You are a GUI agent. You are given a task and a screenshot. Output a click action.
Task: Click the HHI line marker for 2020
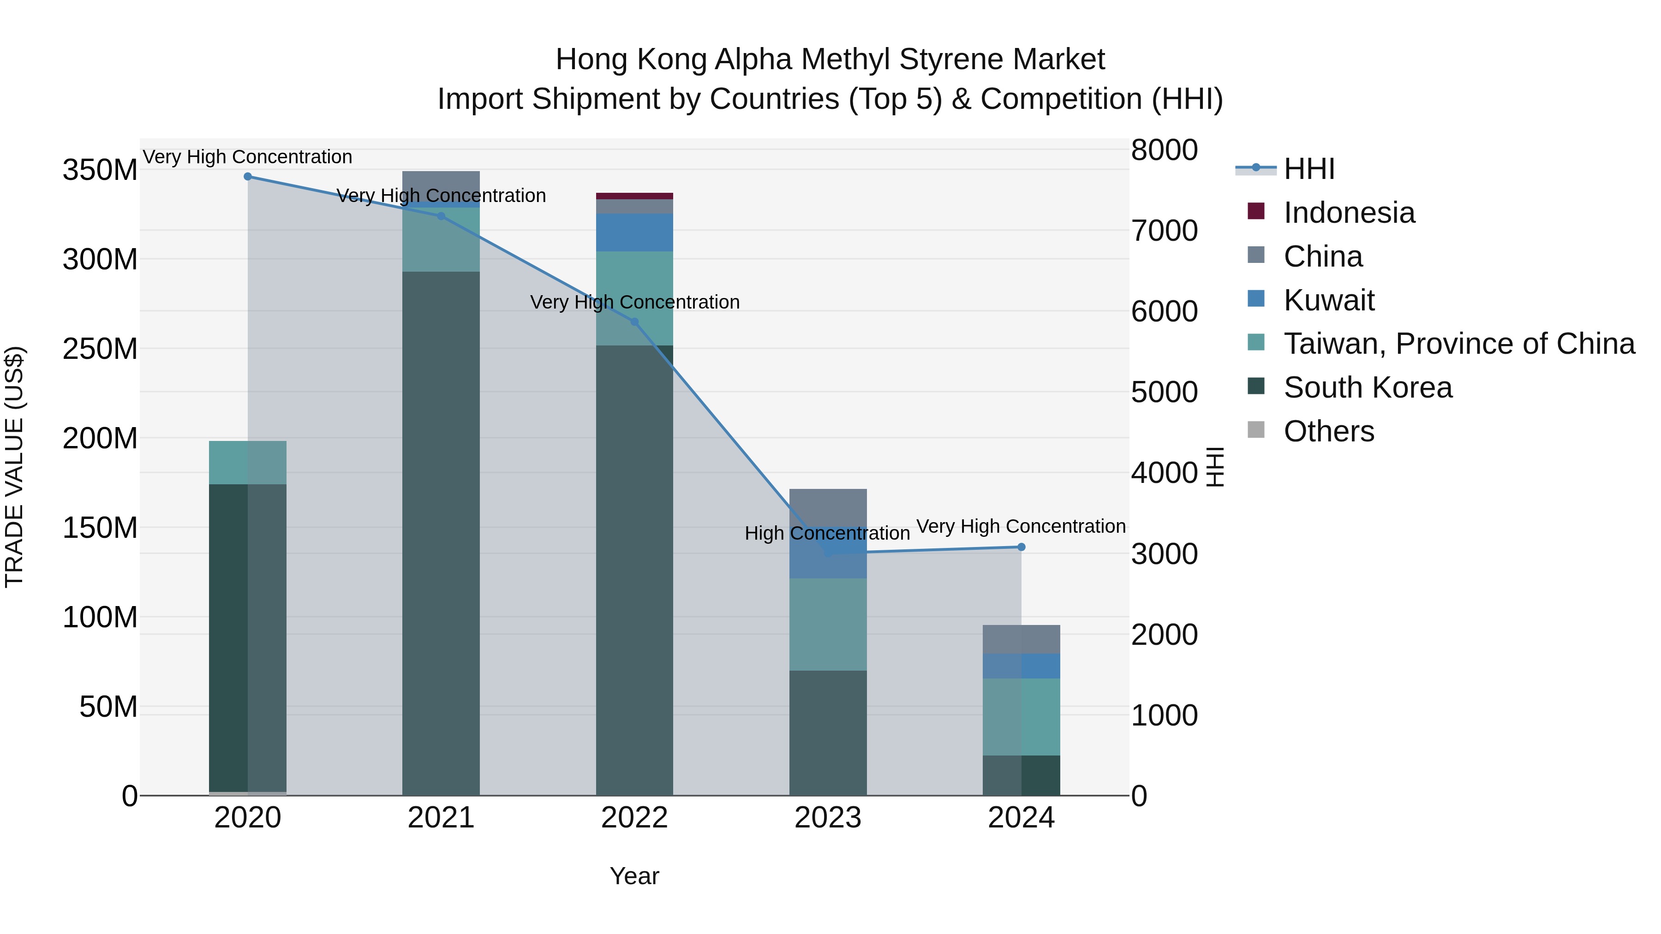pos(248,177)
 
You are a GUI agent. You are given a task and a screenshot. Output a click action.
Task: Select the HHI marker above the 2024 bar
pos(1021,547)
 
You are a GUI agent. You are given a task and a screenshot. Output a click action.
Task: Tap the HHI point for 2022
pos(634,322)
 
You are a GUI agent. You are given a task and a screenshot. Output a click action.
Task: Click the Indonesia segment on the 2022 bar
pos(634,196)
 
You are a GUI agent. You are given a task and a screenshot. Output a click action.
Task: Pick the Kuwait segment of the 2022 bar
pos(634,233)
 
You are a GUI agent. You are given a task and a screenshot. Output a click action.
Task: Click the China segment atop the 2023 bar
pos(828,507)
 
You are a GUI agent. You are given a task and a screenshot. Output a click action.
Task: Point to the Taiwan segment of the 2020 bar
pos(248,463)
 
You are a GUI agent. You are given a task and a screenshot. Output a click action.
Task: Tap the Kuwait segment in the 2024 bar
pos(1021,666)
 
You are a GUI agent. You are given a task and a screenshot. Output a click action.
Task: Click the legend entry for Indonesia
pos(1349,213)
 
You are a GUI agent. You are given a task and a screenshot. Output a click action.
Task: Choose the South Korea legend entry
pos(1367,388)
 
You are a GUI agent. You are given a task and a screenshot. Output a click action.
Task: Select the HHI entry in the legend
pos(1309,169)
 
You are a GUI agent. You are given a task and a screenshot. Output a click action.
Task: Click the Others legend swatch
pos(1256,430)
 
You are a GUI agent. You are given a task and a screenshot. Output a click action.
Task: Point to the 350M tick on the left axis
pos(100,171)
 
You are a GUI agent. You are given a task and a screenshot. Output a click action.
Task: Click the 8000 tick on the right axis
pos(1164,150)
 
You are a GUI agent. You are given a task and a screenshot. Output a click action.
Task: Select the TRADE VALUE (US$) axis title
pos(14,467)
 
